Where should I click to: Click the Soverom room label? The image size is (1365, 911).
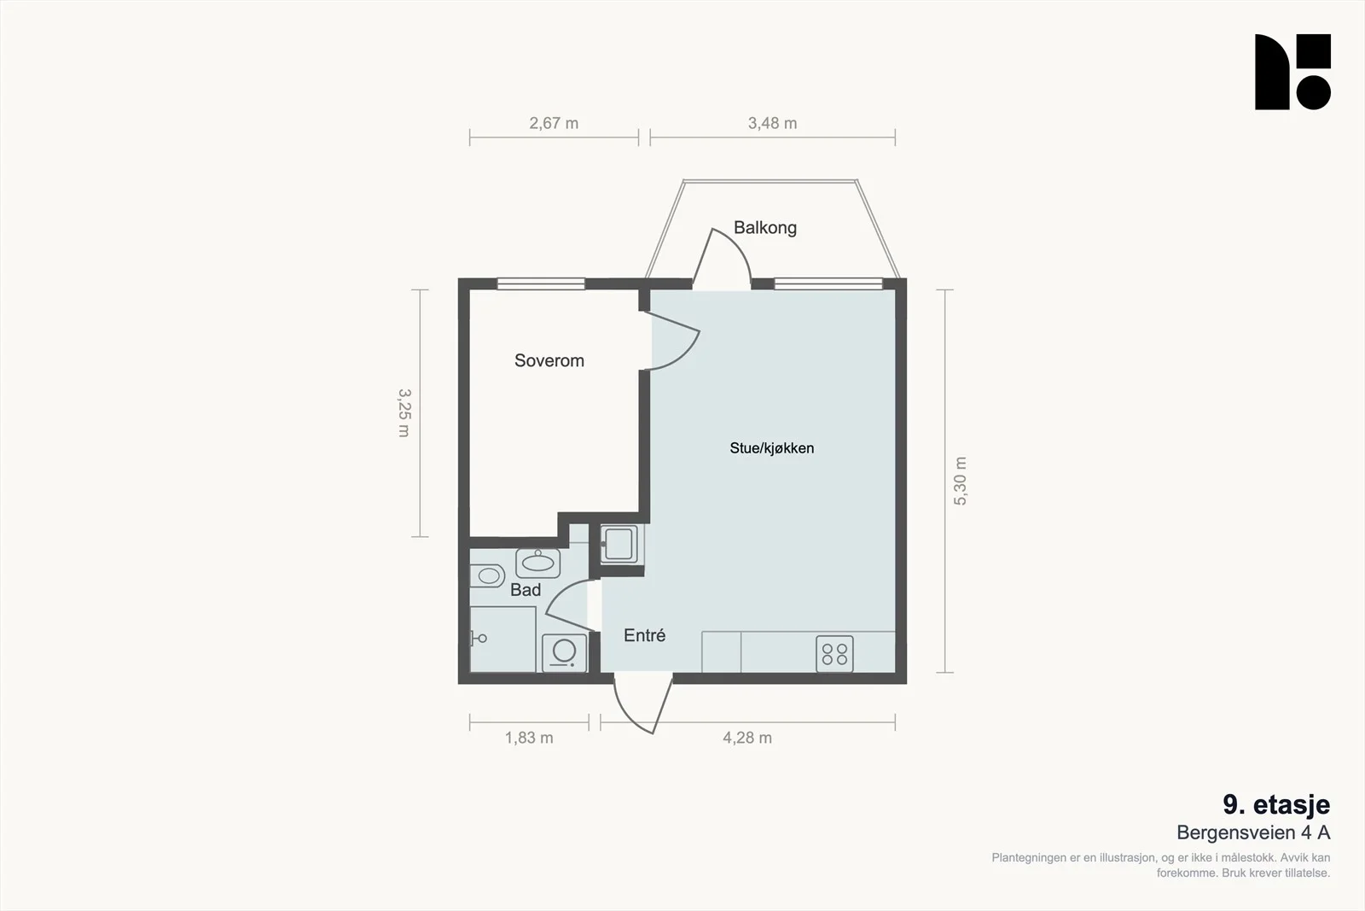549,360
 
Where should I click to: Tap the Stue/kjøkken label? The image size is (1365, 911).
771,448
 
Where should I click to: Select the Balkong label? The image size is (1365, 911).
764,227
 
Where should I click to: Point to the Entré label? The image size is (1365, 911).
644,635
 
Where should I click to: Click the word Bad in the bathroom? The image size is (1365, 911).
526,590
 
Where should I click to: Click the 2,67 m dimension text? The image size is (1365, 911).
554,123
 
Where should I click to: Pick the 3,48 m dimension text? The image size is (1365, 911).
772,123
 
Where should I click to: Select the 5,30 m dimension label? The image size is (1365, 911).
960,481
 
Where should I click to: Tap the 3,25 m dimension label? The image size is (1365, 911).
404,413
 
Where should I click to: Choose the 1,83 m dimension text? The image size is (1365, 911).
529,738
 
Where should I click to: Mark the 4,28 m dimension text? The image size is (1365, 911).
747,738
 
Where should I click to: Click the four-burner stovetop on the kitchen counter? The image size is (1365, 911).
834,654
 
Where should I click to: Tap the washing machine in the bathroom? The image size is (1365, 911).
564,653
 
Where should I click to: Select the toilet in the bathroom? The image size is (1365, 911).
487,575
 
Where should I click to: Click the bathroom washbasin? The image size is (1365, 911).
537,563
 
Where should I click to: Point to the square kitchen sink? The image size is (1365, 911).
619,543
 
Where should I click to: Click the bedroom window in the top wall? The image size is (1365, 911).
541,283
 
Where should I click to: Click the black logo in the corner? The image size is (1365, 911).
1292,72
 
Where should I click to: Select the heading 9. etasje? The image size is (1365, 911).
1276,805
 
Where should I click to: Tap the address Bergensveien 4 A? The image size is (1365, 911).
1253,832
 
